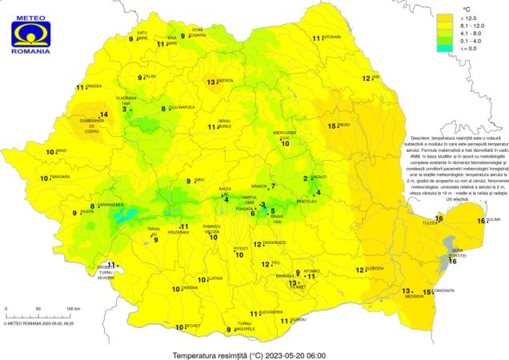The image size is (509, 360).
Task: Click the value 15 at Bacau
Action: [x=332, y=126]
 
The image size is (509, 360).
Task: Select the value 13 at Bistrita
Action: [x=211, y=82]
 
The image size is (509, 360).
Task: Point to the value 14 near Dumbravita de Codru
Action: [x=102, y=114]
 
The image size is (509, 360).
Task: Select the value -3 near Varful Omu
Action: [x=263, y=204]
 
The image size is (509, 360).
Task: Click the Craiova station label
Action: [x=189, y=288]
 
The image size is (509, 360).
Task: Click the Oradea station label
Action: [x=94, y=87]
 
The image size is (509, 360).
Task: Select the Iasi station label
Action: [x=375, y=77]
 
